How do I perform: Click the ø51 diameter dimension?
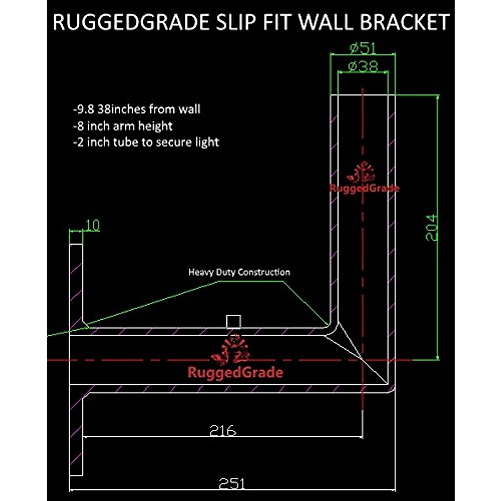362,48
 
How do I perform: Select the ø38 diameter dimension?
362,66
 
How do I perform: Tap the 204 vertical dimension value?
432,228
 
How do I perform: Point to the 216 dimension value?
223,430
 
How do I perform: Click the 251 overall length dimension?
232,484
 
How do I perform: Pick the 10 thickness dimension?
92,225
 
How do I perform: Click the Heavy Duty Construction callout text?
239,272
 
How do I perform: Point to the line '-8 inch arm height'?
122,126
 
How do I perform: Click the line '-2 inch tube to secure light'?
146,142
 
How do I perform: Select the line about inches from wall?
137,109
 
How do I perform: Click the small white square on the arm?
234,322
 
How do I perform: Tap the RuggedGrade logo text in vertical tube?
364,188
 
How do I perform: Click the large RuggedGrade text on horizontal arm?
235,372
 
